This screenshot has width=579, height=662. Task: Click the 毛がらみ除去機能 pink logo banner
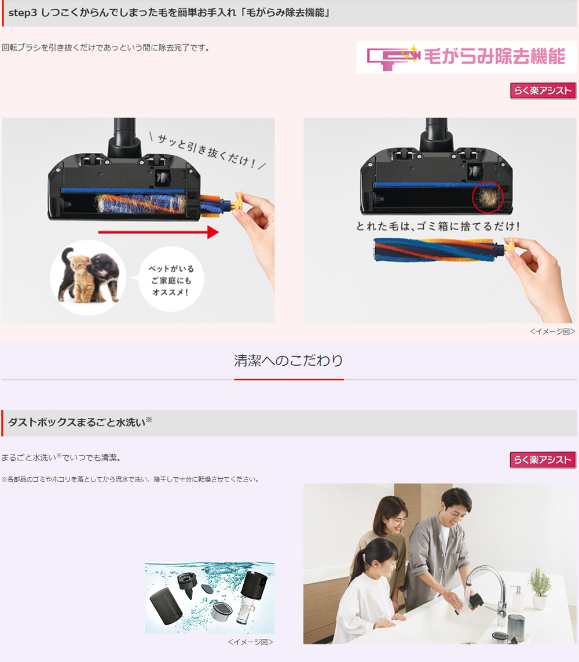click(x=466, y=57)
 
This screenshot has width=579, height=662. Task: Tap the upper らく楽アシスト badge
click(x=543, y=90)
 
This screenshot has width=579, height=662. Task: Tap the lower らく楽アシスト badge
click(x=543, y=460)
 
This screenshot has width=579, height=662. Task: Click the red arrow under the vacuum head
click(x=158, y=232)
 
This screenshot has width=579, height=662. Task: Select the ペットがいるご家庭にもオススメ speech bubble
click(x=171, y=280)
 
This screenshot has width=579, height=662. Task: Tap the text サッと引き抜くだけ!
click(x=207, y=151)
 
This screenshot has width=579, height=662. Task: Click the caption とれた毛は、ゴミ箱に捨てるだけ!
click(x=438, y=226)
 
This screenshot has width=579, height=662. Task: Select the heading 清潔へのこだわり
click(x=289, y=360)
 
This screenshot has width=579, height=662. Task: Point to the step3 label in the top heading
click(x=23, y=13)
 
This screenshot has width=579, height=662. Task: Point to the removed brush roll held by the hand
click(x=438, y=249)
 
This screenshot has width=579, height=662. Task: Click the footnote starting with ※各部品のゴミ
click(x=130, y=479)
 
